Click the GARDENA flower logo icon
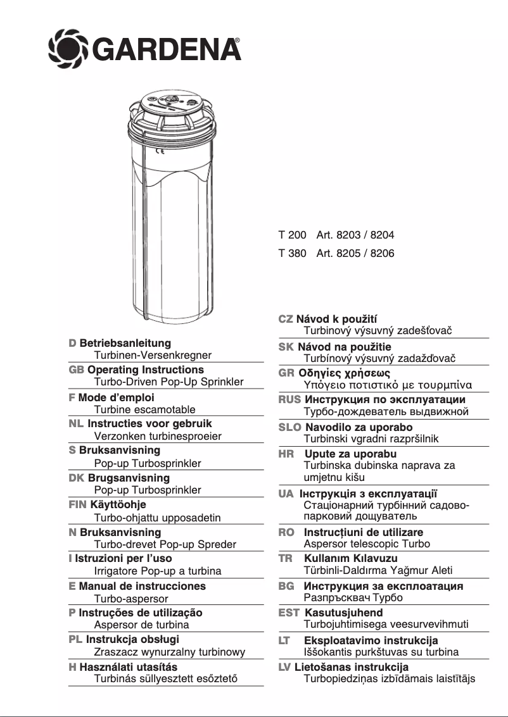click(69, 46)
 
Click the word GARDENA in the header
click(166, 47)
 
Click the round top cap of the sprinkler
click(171, 104)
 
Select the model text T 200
click(292, 235)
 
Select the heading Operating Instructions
click(146, 370)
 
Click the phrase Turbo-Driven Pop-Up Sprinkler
click(168, 382)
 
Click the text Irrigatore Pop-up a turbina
click(158, 571)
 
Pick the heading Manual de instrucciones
click(143, 586)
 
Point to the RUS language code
click(289, 400)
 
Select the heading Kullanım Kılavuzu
click(351, 558)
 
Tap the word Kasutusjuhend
click(344, 613)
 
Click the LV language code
click(285, 667)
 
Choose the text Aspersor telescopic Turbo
click(367, 544)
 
